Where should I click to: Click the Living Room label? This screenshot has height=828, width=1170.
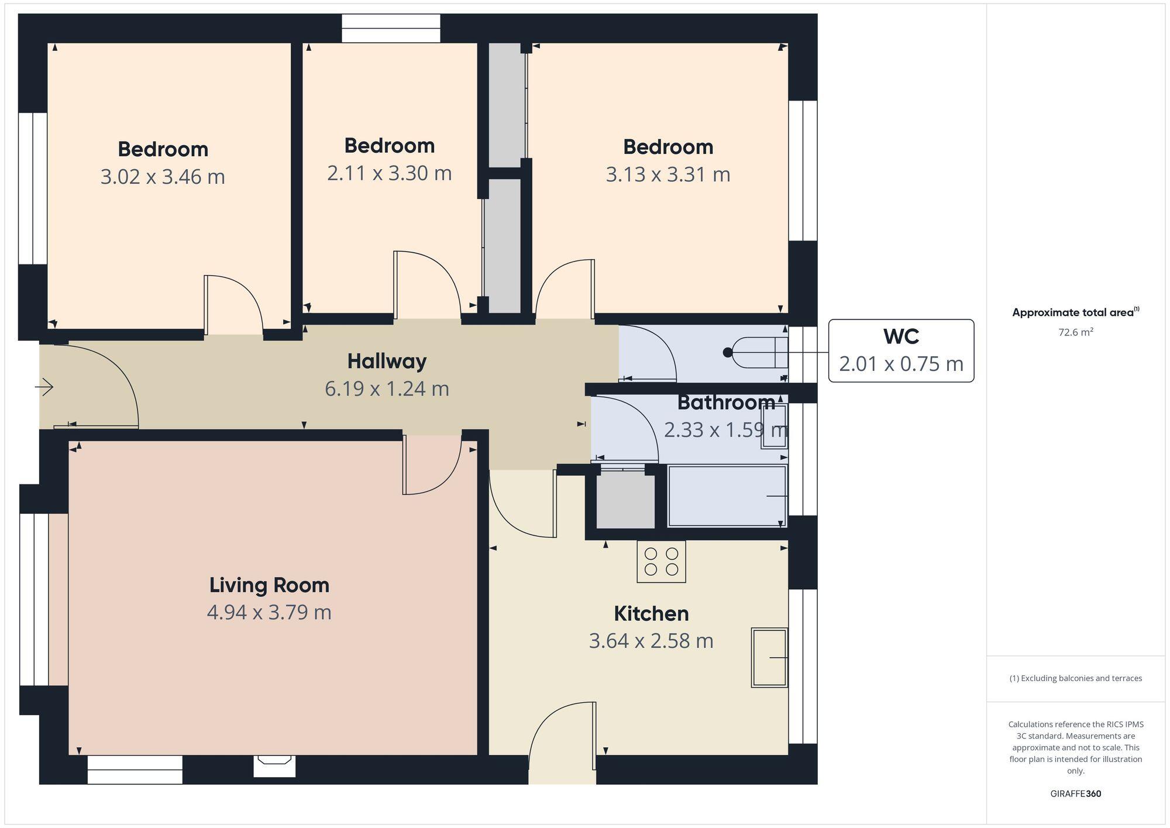269,585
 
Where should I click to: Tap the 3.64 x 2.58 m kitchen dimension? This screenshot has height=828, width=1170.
651,641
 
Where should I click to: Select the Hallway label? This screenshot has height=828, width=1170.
387,361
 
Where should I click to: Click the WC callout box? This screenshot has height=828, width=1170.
901,351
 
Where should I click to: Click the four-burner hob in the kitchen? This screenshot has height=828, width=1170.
661,561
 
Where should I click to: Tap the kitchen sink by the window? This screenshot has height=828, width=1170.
769,657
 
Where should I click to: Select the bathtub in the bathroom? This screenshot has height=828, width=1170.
727,496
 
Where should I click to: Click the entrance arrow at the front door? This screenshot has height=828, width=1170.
44,387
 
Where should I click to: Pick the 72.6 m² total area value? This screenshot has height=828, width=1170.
1075,332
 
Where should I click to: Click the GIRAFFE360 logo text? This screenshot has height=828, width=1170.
1075,793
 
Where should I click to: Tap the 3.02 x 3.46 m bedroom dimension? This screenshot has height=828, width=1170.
163,177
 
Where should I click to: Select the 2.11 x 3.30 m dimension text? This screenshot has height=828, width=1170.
389,173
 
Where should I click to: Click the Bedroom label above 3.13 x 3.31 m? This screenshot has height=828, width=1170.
667,147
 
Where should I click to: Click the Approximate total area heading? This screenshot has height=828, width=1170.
1075,312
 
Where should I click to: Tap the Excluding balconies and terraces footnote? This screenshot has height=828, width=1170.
1075,678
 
